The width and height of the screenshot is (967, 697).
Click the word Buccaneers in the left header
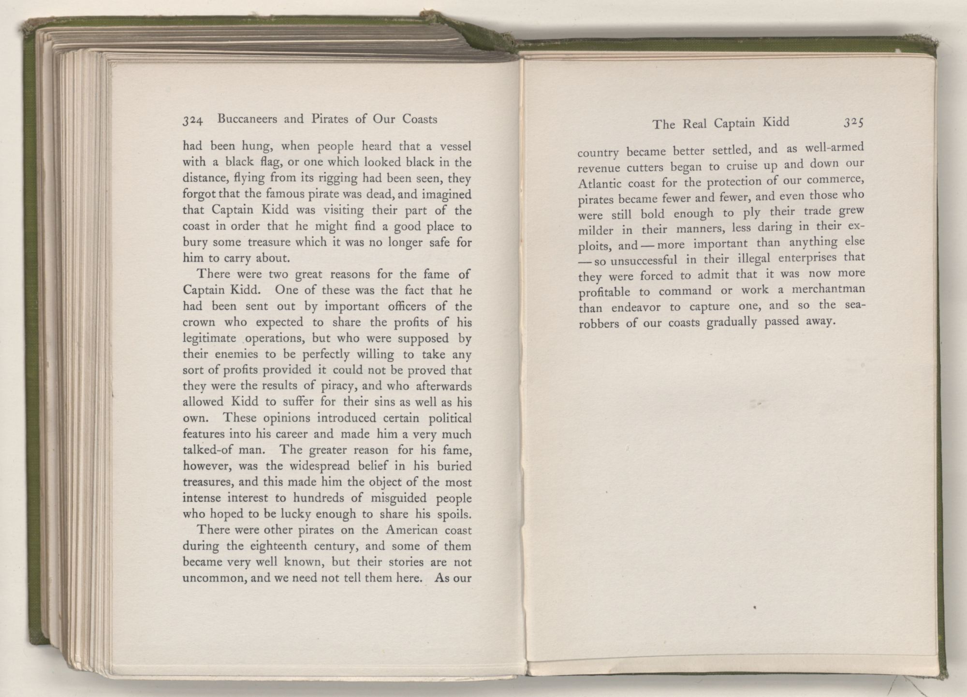(x=247, y=119)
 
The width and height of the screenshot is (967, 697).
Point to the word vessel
(x=454, y=145)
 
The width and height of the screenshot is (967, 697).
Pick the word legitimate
(x=209, y=338)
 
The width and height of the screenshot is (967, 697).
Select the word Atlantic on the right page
(x=599, y=185)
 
